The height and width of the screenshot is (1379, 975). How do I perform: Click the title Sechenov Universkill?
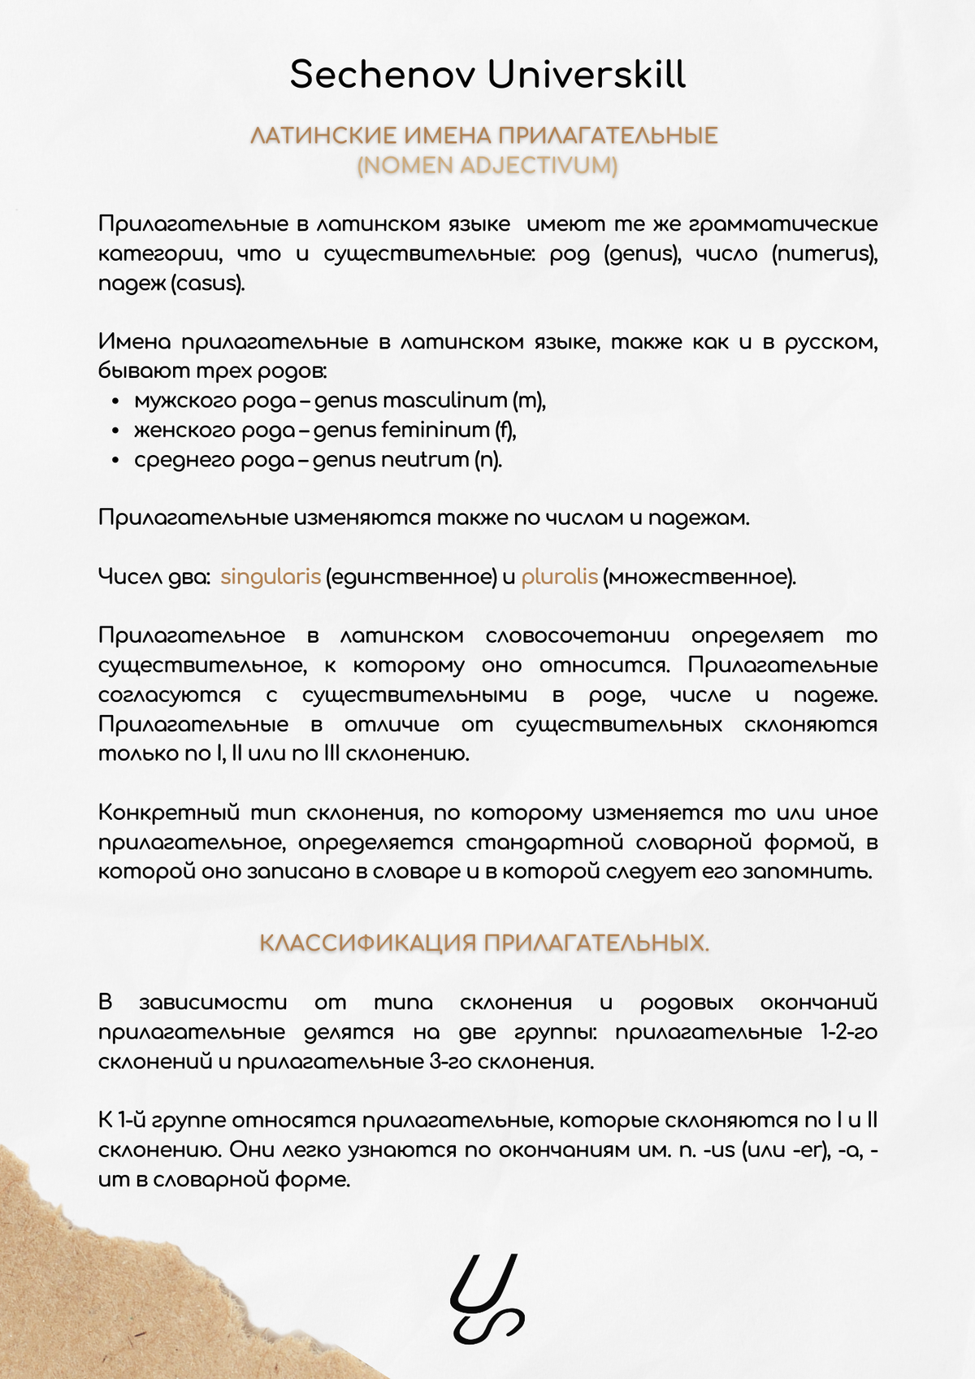point(487,75)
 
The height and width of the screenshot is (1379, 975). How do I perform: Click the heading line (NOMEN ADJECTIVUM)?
point(487,166)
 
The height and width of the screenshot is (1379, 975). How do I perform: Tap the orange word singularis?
point(271,577)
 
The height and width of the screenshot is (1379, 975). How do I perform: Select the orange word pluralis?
point(559,577)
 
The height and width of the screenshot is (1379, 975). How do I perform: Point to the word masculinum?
point(444,401)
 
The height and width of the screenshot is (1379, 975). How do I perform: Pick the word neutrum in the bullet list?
point(425,460)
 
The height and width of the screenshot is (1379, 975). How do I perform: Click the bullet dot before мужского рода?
point(116,401)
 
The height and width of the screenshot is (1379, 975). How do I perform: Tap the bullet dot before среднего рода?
point(116,461)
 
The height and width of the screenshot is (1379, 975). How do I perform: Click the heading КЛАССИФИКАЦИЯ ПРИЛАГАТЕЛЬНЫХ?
point(484,943)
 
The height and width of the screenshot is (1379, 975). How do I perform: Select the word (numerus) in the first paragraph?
point(825,254)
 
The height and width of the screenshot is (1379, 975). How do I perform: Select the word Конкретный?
point(168,813)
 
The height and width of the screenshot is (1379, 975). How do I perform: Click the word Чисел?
point(127,577)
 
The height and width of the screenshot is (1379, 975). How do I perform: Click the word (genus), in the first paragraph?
point(643,254)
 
